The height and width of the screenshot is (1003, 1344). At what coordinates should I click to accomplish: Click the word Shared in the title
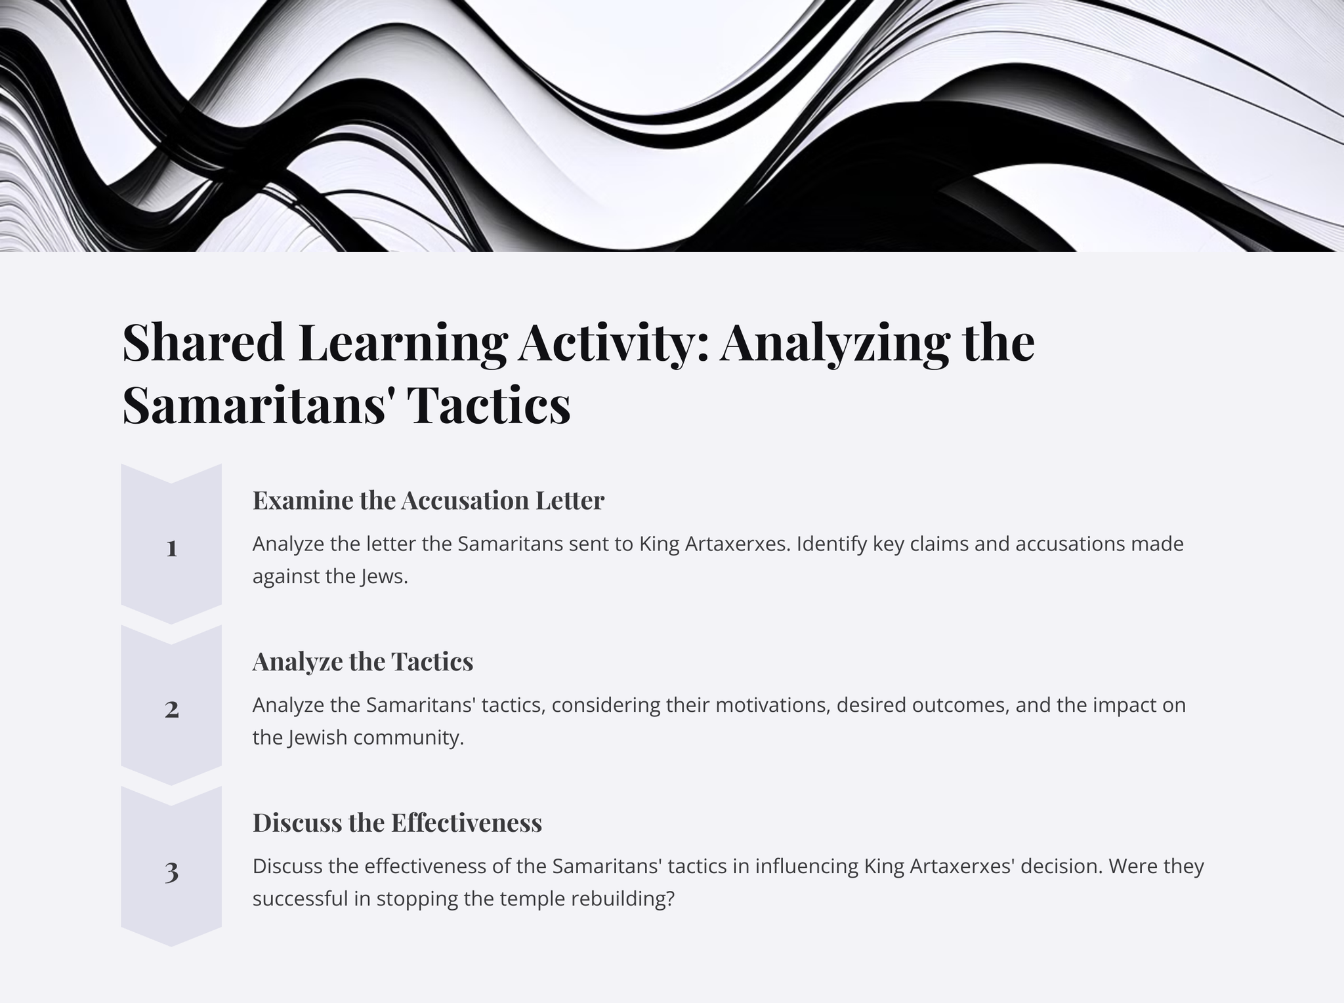pos(203,342)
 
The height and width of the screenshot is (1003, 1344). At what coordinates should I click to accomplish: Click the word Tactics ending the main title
pos(489,405)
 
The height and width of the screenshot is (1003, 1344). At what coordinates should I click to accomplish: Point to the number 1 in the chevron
pos(172,548)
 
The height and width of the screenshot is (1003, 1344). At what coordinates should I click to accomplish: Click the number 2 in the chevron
pos(172,709)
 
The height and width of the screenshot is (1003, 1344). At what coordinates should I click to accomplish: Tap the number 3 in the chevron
pos(172,872)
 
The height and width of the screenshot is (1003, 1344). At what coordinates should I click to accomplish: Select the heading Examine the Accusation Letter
pos(429,501)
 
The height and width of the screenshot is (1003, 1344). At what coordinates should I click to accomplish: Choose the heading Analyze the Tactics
pos(363,662)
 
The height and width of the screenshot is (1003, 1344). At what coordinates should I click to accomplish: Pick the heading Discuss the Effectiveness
pos(398,823)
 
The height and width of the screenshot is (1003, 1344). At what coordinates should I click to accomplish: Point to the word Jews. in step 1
pos(385,577)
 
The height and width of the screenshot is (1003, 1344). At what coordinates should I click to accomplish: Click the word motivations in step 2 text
pos(770,705)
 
